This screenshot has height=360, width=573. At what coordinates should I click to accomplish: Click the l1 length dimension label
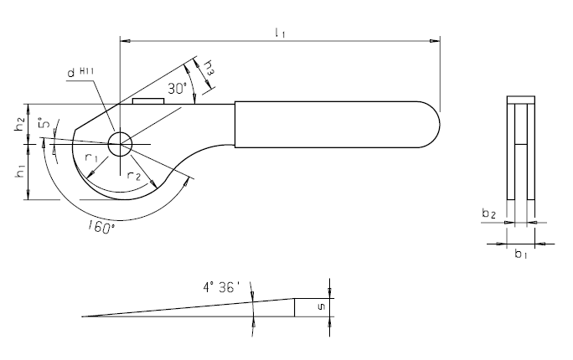[281, 33]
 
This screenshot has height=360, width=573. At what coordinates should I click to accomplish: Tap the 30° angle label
[178, 89]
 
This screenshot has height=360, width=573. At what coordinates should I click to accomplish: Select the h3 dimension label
[209, 68]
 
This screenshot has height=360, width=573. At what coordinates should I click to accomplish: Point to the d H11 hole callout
[80, 72]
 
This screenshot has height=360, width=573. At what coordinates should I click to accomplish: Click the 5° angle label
[44, 123]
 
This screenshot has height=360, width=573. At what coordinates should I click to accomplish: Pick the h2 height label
[21, 126]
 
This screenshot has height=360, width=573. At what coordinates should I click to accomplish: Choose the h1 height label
[21, 172]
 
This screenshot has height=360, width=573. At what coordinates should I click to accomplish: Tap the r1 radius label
[91, 157]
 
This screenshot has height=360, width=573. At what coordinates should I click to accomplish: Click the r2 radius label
[134, 176]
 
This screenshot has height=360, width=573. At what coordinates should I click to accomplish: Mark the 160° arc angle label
[101, 228]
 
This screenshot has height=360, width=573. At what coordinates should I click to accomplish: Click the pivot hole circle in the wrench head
[120, 144]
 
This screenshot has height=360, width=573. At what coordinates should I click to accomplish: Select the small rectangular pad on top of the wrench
[148, 101]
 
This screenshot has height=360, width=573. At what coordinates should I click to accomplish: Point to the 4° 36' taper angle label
[221, 287]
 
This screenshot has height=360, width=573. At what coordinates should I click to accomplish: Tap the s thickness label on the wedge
[321, 307]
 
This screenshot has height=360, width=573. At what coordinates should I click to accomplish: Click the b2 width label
[489, 213]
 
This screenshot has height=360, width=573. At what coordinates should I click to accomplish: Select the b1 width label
[521, 253]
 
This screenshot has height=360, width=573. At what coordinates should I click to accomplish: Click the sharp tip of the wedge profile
[82, 316]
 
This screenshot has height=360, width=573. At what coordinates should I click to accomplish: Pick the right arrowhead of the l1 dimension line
[435, 41]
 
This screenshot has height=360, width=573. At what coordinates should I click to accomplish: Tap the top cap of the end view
[521, 100]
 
